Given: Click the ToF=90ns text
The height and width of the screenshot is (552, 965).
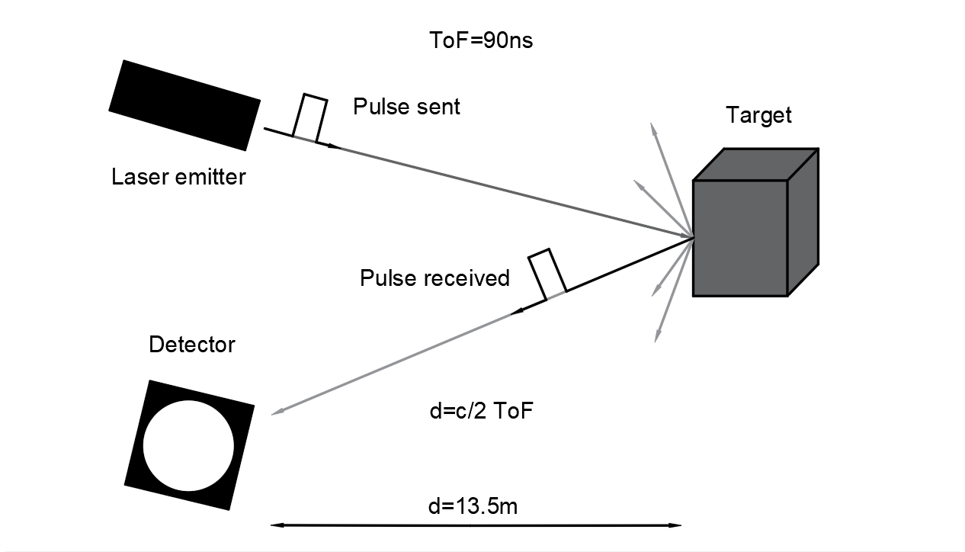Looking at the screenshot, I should (x=481, y=40).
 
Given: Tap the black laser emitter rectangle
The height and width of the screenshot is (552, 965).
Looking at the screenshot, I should (x=184, y=104).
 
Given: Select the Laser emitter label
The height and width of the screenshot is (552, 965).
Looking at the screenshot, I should (x=178, y=178).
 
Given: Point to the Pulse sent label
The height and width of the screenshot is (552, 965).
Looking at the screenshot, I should (x=406, y=107).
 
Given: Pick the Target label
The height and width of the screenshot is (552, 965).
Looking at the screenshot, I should (x=758, y=115).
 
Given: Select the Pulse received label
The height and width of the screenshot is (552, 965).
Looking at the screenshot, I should (x=434, y=278).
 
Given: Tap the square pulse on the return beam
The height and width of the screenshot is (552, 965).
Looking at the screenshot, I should (x=546, y=273).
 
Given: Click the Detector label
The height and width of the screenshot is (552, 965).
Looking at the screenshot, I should (x=192, y=345).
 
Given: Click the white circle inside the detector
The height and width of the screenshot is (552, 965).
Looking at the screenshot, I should (x=188, y=445).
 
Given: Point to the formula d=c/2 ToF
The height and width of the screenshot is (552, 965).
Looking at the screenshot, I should (x=481, y=412).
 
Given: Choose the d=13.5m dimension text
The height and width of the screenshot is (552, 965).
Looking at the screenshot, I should (x=473, y=505).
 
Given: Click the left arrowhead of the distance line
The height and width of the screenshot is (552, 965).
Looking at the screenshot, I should (x=275, y=525).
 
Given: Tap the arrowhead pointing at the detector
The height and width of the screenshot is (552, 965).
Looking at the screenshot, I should (x=274, y=413).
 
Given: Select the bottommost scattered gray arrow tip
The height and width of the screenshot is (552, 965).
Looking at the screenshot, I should (x=656, y=340).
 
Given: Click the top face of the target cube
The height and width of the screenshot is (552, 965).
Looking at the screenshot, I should (x=755, y=165).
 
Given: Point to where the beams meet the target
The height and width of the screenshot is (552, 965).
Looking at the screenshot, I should (x=692, y=236).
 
